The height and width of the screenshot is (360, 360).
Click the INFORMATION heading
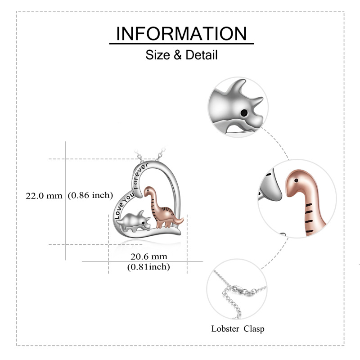click(x=181, y=34)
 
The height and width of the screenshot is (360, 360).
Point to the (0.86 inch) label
click(x=90, y=195)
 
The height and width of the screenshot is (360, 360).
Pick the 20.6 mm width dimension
click(x=148, y=256)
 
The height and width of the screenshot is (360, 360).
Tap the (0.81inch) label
click(x=148, y=267)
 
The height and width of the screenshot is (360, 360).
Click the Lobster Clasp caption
click(x=238, y=328)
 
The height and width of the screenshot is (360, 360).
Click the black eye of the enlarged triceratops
click(x=245, y=113)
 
